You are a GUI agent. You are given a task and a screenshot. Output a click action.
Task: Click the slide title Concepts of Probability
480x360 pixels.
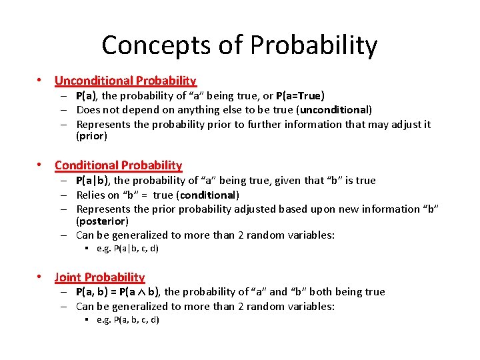pos(239,45)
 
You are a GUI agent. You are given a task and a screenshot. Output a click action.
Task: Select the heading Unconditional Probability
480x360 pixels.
pos(125,81)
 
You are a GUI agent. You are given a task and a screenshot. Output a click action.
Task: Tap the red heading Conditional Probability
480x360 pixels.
pos(118,165)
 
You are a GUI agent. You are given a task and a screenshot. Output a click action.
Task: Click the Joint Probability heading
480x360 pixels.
pos(99,277)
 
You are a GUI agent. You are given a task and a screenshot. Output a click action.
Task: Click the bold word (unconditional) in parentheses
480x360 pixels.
pos(335,110)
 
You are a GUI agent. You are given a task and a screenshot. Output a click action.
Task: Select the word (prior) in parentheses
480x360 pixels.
pos(92,136)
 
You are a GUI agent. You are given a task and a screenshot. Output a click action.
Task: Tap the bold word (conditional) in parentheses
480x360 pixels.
pos(208,195)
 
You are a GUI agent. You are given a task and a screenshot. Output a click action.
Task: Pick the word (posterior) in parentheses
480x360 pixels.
pos(102,221)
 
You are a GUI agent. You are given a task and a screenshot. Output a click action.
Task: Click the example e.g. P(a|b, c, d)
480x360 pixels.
pos(127,249)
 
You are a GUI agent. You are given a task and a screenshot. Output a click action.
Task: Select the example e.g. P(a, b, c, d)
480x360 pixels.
pos(127,320)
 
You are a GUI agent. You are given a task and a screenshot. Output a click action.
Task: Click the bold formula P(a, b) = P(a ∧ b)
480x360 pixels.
pos(118,292)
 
